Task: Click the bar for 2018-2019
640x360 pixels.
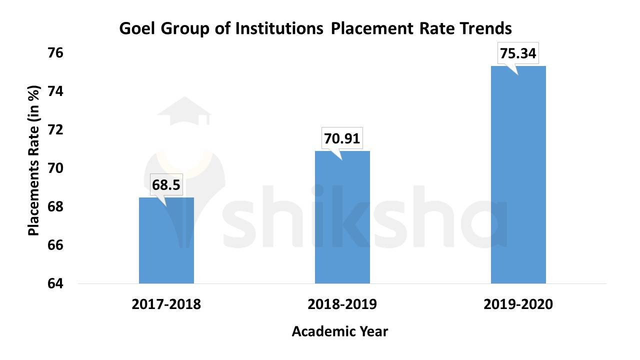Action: (x=342, y=217)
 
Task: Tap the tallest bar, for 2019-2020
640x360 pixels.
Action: (x=518, y=175)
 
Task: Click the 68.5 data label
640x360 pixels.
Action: (x=166, y=185)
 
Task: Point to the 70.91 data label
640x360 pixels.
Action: (x=342, y=138)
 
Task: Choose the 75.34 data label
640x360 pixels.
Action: (x=518, y=53)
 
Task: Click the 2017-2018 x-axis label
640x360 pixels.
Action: (x=166, y=304)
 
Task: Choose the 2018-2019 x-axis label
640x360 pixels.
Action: (x=342, y=304)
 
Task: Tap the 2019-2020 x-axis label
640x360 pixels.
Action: (x=518, y=304)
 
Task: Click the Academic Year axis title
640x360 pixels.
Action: (x=339, y=331)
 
